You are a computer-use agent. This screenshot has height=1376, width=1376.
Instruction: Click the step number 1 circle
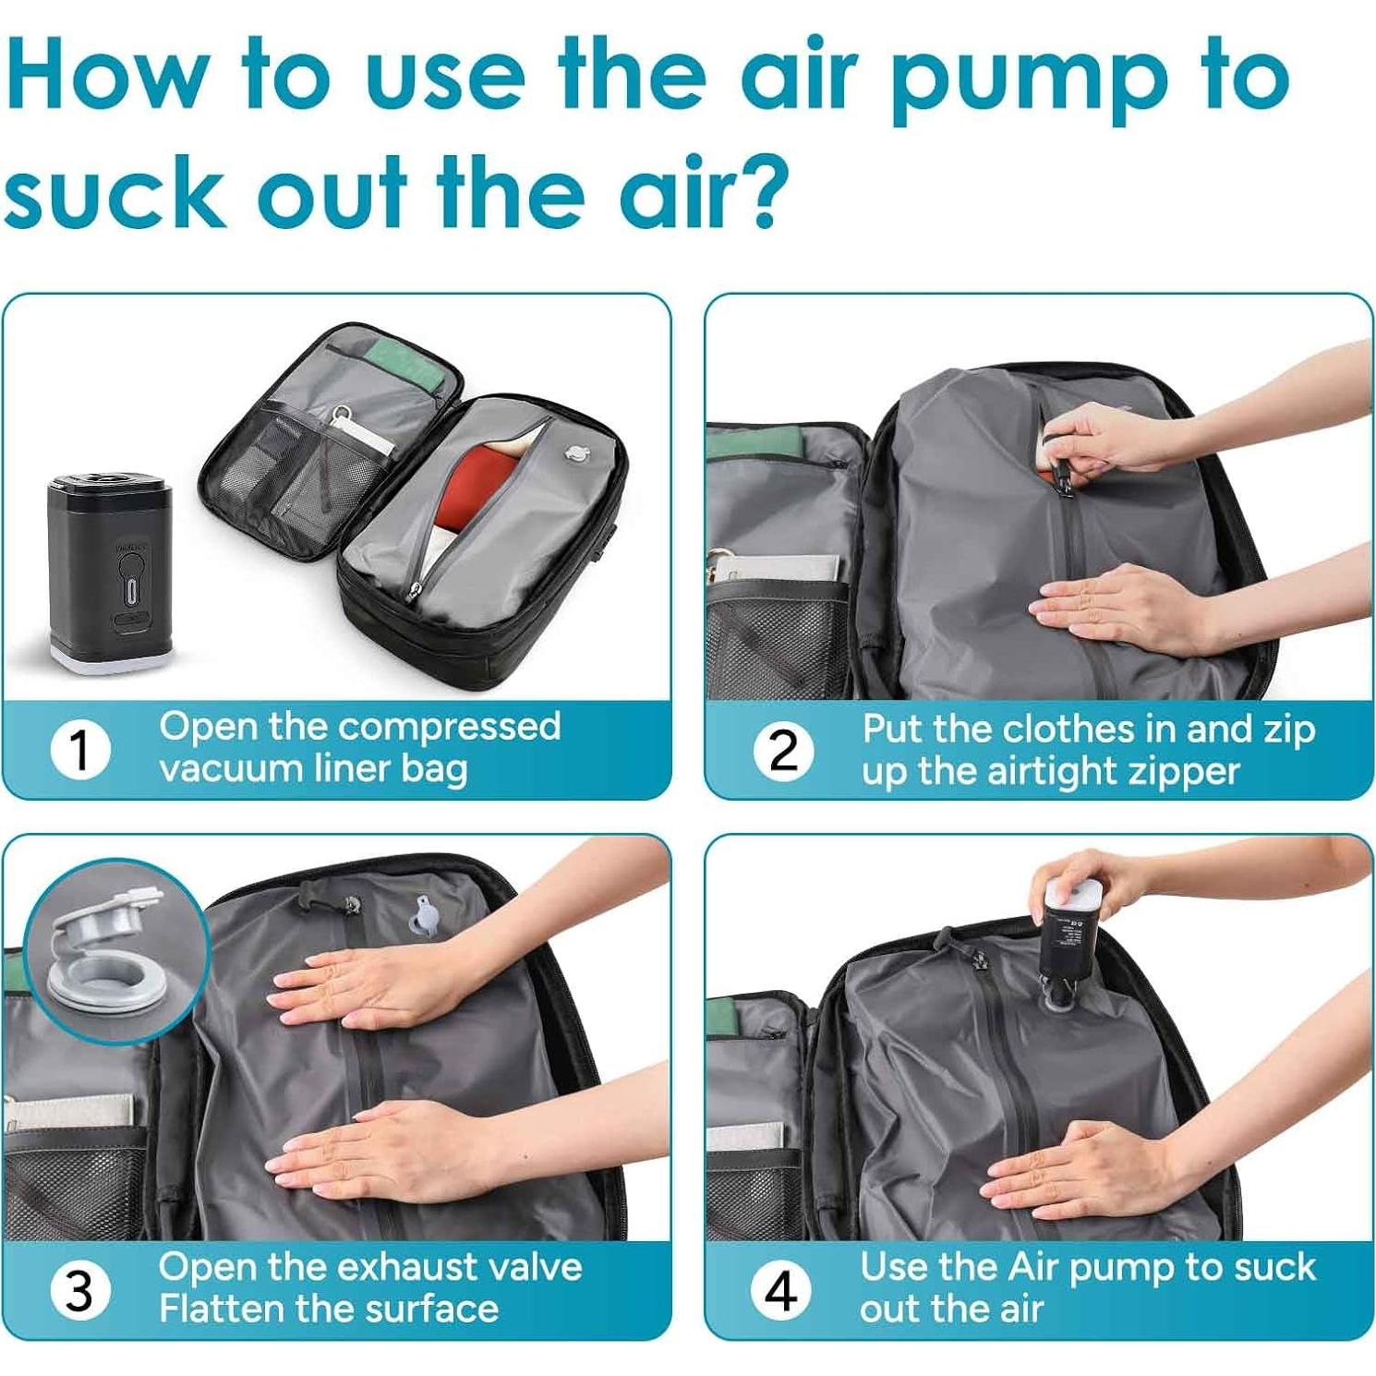point(80,749)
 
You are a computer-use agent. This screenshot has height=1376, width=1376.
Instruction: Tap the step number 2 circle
point(783,750)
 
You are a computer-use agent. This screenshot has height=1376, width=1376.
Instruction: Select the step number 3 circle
point(79,1289)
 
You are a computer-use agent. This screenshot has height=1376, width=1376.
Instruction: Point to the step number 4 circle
point(781,1289)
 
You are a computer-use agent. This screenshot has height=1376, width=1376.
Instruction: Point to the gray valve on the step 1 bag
point(577,453)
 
